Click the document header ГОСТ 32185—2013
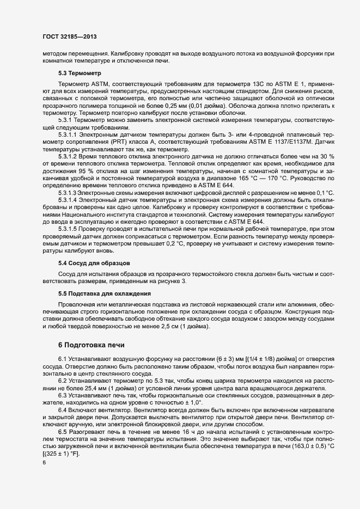[70, 36]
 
